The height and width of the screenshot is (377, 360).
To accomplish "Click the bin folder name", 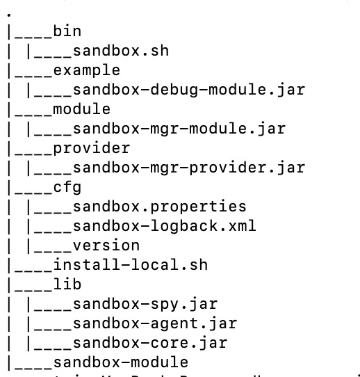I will tap(67, 31).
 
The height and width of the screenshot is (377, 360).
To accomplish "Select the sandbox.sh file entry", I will tap(120, 51).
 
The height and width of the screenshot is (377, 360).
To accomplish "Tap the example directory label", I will tap(86, 70).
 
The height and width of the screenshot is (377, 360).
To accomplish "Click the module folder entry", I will tap(81, 109).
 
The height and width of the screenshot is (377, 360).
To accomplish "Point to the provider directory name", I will tap(91, 148).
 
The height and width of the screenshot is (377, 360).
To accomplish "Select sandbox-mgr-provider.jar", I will tap(188, 168).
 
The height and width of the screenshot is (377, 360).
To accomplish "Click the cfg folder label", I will tap(67, 187).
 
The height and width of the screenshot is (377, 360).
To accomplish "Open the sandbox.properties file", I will tap(159, 207).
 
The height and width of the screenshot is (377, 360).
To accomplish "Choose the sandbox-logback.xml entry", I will tap(164, 226).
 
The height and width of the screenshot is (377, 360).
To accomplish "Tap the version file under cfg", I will tap(106, 246).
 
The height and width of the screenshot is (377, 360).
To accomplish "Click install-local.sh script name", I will tap(130, 265).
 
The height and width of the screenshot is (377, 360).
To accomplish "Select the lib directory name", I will tap(67, 284).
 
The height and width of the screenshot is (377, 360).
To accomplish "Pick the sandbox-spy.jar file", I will tap(145, 304).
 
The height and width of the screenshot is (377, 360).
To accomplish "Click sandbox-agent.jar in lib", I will tap(154, 323).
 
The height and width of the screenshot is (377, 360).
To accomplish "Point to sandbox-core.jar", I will tap(149, 343).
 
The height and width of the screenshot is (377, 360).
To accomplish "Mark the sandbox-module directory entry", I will tap(120, 362).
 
